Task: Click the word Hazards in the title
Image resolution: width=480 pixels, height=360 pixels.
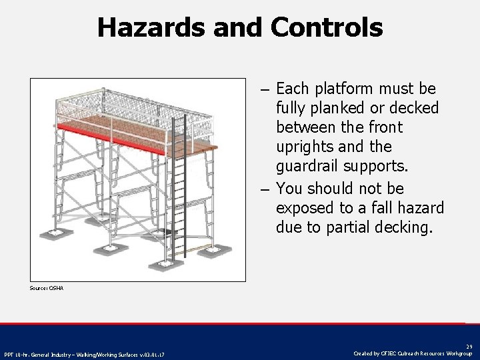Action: [x=151, y=27]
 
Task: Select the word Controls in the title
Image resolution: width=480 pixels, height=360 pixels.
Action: [x=327, y=27]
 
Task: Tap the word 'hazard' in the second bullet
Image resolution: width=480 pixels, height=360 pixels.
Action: [x=418, y=208]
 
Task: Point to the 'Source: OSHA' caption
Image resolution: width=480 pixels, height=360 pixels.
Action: [x=47, y=288]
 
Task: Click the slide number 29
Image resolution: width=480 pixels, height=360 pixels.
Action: [x=469, y=347]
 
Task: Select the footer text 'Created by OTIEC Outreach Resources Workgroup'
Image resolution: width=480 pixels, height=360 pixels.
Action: [x=413, y=353]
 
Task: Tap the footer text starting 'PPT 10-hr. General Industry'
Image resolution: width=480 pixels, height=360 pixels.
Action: [x=84, y=354]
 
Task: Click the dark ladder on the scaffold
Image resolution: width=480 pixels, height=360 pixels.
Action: [x=178, y=193]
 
